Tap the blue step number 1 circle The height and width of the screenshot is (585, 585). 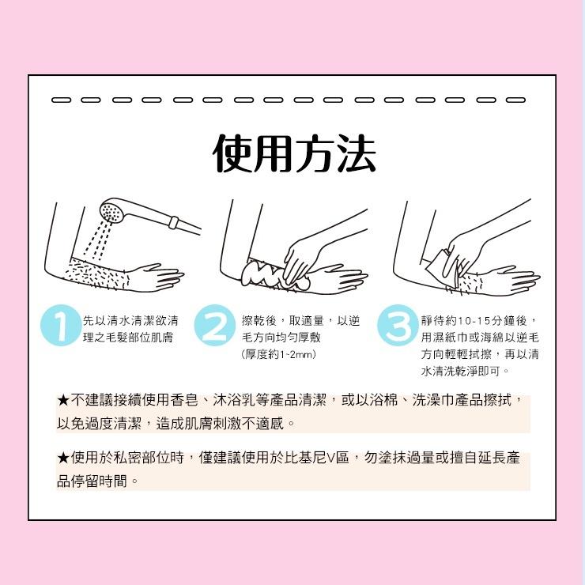tap(62, 327)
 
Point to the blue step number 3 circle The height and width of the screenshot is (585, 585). tap(397, 327)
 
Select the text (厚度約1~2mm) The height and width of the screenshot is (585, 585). tap(278, 355)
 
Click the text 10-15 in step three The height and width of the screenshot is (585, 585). tap(472, 320)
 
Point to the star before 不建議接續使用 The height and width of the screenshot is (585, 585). tap(63, 401)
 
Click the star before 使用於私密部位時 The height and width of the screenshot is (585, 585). tap(63, 459)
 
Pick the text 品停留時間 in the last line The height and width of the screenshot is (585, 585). tap(92, 481)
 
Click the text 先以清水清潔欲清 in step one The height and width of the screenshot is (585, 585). tap(130, 320)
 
